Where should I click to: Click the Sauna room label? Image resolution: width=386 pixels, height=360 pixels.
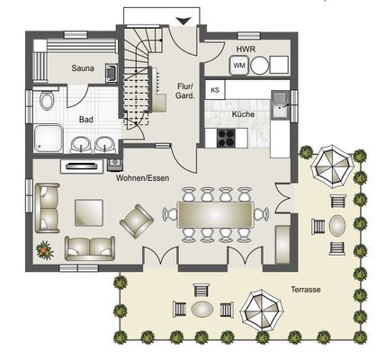pos(83,68)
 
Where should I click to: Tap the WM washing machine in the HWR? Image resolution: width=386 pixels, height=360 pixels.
pos(239,66)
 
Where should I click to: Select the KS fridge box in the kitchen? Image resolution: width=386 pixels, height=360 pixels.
pos(215,90)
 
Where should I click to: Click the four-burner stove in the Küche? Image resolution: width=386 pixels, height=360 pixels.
pos(226,138)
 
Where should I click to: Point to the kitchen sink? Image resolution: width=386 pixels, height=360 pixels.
pos(281,103)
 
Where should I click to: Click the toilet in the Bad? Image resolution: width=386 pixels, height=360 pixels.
pos(46,99)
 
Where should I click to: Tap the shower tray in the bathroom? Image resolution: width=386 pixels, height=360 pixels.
pos(49,139)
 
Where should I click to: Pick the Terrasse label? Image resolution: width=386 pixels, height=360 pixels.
pos(305,290)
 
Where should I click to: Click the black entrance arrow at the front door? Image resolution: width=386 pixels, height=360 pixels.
pos(184,21)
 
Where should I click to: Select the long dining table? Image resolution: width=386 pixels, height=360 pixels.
pos(216,215)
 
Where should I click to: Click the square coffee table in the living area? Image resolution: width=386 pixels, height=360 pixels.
pos(89,212)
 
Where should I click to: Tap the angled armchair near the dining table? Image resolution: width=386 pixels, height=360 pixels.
pos(137,220)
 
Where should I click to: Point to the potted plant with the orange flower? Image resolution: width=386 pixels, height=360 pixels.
pos(45,249)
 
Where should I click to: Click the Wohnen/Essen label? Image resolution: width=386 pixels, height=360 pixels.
pos(142,178)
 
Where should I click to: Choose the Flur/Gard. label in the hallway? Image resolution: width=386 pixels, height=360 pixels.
pos(185,91)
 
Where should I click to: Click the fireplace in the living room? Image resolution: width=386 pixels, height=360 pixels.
pos(83,166)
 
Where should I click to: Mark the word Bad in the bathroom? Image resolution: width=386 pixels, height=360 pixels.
pos(86,120)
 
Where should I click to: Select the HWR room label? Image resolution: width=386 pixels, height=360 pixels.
pos(246,49)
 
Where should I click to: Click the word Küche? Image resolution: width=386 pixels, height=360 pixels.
pos(243,114)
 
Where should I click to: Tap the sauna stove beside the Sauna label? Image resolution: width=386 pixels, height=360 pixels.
pos(112,72)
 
